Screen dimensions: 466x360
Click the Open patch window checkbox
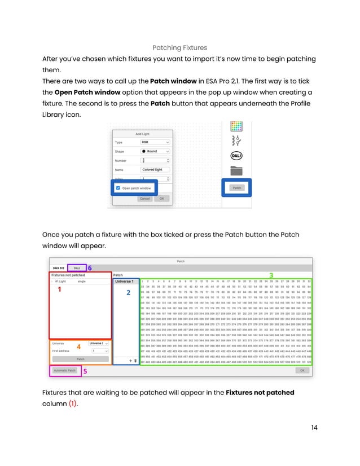117,188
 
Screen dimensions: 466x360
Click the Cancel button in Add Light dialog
144,199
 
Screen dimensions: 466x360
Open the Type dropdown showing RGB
155,142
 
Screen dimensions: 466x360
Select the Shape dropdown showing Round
155,151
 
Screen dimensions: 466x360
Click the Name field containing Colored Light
155,169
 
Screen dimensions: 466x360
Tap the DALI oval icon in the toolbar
236,156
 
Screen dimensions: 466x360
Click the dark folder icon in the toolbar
236,170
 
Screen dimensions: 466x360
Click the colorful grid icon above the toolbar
236,126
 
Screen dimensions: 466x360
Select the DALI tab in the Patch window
76,268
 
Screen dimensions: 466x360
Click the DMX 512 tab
58,268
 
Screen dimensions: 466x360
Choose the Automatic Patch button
64,371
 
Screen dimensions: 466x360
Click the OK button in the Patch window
302,371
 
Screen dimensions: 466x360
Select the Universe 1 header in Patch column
125,281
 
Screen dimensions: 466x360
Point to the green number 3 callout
271,275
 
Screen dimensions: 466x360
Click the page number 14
314,428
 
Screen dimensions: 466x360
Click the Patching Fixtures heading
179,48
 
